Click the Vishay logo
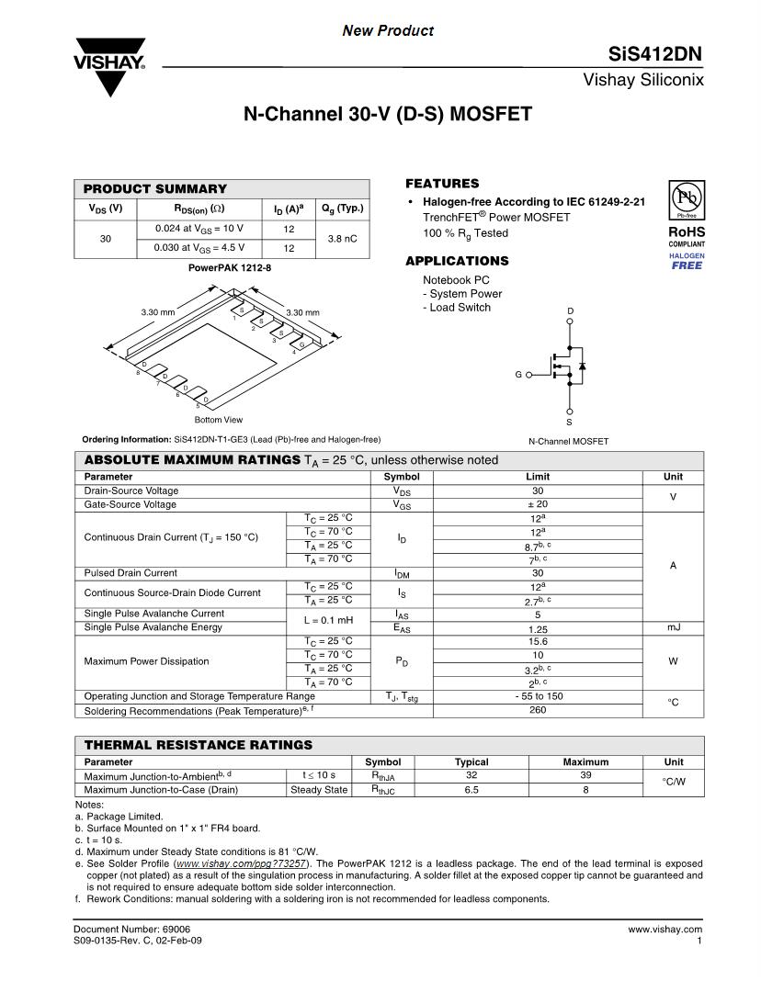109,65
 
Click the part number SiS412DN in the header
655,54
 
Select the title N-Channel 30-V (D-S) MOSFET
387,115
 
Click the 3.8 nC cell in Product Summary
342,238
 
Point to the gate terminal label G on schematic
518,375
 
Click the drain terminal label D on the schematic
570,312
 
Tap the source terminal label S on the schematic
569,423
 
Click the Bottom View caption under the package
219,420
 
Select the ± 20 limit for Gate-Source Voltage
538,504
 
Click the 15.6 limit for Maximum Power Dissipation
538,641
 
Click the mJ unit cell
673,627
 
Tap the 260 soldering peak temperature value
538,710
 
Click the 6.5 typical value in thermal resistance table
471,789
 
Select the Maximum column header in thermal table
585,761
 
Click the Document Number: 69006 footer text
131,930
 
